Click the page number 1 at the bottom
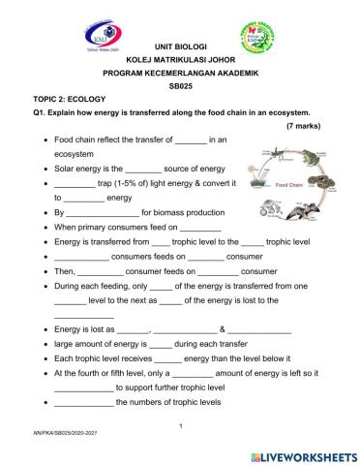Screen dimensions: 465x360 coord(181,426)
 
